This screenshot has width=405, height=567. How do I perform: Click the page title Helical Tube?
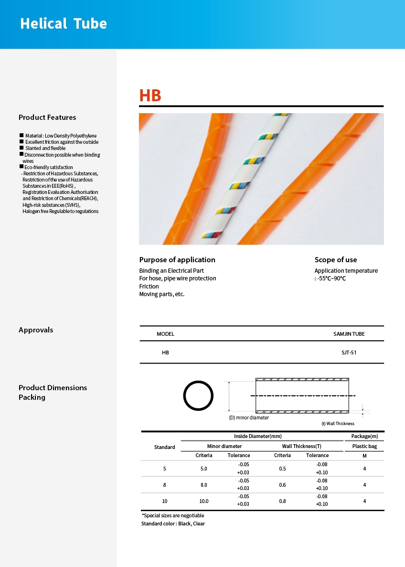[64, 24]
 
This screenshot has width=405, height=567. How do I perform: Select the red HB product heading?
[150, 96]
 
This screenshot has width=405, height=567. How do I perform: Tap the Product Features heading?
[47, 118]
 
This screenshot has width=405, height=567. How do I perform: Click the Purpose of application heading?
[177, 260]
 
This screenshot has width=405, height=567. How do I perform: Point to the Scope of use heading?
[335, 260]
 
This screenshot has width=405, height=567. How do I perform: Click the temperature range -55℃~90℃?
[331, 278]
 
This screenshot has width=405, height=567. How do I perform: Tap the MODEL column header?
[165, 334]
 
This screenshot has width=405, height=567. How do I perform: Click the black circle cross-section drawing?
[198, 396]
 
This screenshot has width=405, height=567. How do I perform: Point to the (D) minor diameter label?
[249, 418]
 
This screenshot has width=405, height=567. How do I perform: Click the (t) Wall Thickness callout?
[338, 424]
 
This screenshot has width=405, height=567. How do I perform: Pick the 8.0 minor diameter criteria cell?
[204, 485]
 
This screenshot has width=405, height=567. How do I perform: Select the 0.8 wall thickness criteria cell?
[282, 501]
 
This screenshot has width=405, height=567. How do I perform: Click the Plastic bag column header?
[364, 446]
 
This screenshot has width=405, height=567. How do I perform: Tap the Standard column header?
[164, 447]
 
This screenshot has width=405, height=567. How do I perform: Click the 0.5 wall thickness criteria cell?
[282, 469]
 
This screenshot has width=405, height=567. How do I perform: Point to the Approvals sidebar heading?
[36, 330]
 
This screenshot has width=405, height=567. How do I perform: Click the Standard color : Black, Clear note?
[173, 524]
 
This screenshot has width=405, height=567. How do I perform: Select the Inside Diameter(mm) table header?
[257, 436]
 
